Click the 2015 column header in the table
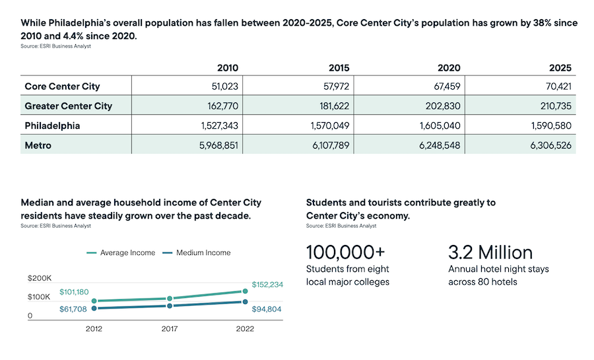(339, 68)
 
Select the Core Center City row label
(62, 87)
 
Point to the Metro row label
(38, 145)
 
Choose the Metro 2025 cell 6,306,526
(550, 145)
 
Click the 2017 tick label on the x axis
(170, 328)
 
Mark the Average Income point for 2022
(245, 291)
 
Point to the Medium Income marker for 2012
(94, 308)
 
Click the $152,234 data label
(267, 285)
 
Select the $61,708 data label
(73, 308)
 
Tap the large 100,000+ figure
(345, 252)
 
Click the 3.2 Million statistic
(490, 252)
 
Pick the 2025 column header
(560, 68)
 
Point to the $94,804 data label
(267, 309)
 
